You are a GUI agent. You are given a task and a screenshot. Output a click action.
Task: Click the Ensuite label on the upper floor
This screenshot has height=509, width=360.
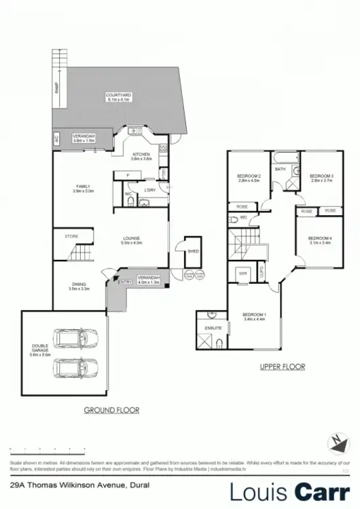(205, 328)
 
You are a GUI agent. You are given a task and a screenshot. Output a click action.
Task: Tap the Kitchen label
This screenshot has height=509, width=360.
(141, 155)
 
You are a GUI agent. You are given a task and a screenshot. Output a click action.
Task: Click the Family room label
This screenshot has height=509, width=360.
(84, 189)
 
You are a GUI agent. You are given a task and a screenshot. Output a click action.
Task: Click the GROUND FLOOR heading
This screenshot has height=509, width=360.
(111, 410)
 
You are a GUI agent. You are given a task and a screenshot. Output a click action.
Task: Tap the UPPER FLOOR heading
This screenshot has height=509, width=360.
(283, 366)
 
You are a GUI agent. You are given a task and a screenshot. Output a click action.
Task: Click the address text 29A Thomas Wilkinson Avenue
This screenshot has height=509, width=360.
(75, 486)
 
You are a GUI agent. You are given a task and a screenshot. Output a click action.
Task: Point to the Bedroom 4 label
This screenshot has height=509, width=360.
(319, 239)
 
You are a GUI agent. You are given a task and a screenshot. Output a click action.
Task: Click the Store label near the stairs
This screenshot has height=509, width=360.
(71, 236)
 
